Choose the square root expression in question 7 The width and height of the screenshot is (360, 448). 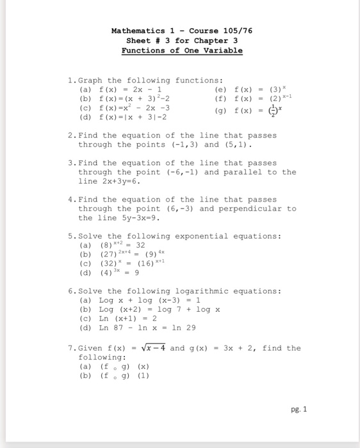point(154,348)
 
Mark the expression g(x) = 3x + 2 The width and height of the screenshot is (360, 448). point(224,348)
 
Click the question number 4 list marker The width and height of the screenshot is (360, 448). point(71,200)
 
